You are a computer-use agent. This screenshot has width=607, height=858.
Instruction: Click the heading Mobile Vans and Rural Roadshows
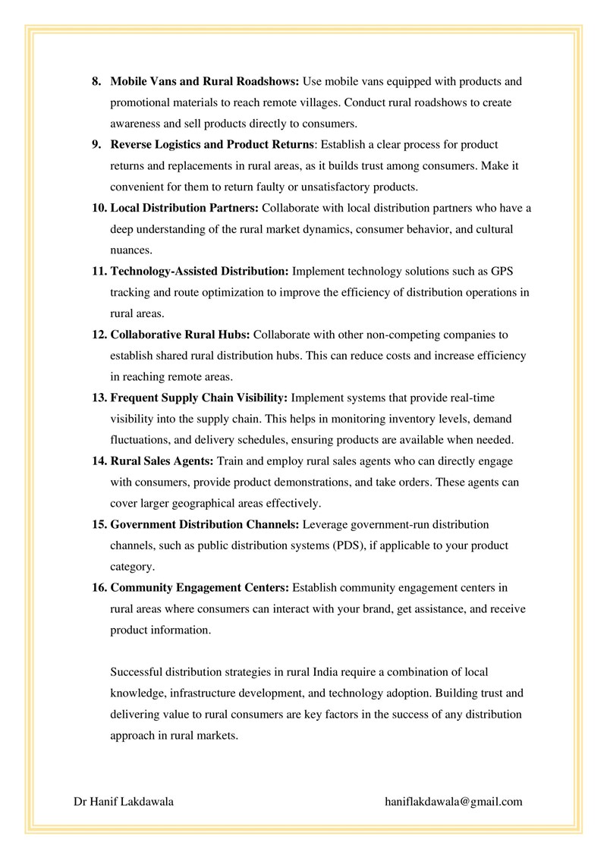pyautogui.click(x=206, y=81)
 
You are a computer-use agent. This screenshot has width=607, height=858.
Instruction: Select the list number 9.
pyautogui.click(x=96, y=144)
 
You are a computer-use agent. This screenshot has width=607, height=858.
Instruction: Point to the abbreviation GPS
pyautogui.click(x=503, y=271)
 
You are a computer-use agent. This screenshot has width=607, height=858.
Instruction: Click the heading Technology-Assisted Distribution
pyautogui.click(x=200, y=271)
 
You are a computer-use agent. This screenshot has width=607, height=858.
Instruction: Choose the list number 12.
pyautogui.click(x=99, y=335)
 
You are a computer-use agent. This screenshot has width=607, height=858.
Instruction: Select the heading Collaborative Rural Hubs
pyautogui.click(x=181, y=335)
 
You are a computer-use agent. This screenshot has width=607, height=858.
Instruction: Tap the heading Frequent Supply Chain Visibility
pyautogui.click(x=199, y=398)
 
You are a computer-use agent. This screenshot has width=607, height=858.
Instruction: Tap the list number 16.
pyautogui.click(x=99, y=587)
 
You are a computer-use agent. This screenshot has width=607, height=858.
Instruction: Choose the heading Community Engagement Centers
pyautogui.click(x=200, y=587)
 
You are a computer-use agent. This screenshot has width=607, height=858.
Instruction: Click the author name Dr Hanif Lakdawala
pyautogui.click(x=124, y=801)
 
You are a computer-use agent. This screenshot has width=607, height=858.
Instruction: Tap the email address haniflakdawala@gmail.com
pyautogui.click(x=454, y=801)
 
